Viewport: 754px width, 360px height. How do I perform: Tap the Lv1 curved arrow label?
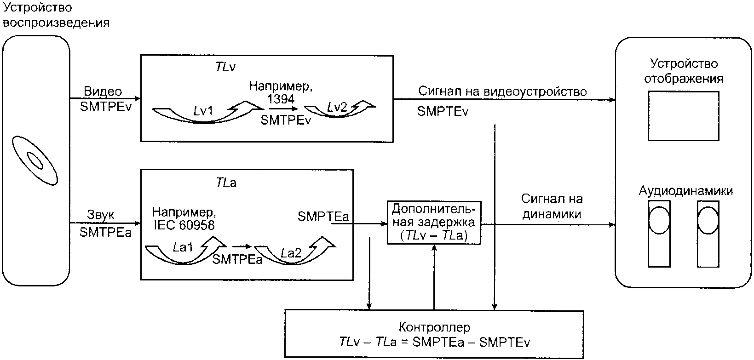(x=203, y=110)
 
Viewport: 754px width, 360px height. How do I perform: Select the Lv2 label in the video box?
(x=337, y=107)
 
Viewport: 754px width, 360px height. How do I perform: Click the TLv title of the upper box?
(x=225, y=67)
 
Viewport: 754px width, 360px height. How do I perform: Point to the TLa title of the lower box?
(x=226, y=183)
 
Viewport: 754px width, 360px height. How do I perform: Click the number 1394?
(x=281, y=99)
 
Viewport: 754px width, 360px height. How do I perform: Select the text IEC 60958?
(x=184, y=225)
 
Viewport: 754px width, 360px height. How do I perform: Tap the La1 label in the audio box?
(x=183, y=248)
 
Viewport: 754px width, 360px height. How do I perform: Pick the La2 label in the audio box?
(x=291, y=253)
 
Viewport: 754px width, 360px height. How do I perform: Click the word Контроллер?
(x=434, y=327)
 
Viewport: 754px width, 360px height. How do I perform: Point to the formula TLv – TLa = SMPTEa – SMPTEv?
(x=435, y=342)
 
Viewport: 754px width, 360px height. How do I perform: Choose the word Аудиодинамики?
(x=686, y=191)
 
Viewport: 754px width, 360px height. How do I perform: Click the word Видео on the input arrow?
(x=103, y=91)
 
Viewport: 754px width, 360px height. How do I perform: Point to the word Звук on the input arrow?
(x=101, y=215)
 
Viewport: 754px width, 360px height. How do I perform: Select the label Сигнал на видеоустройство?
(x=502, y=91)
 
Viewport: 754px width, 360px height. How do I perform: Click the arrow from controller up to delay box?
(x=434, y=277)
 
